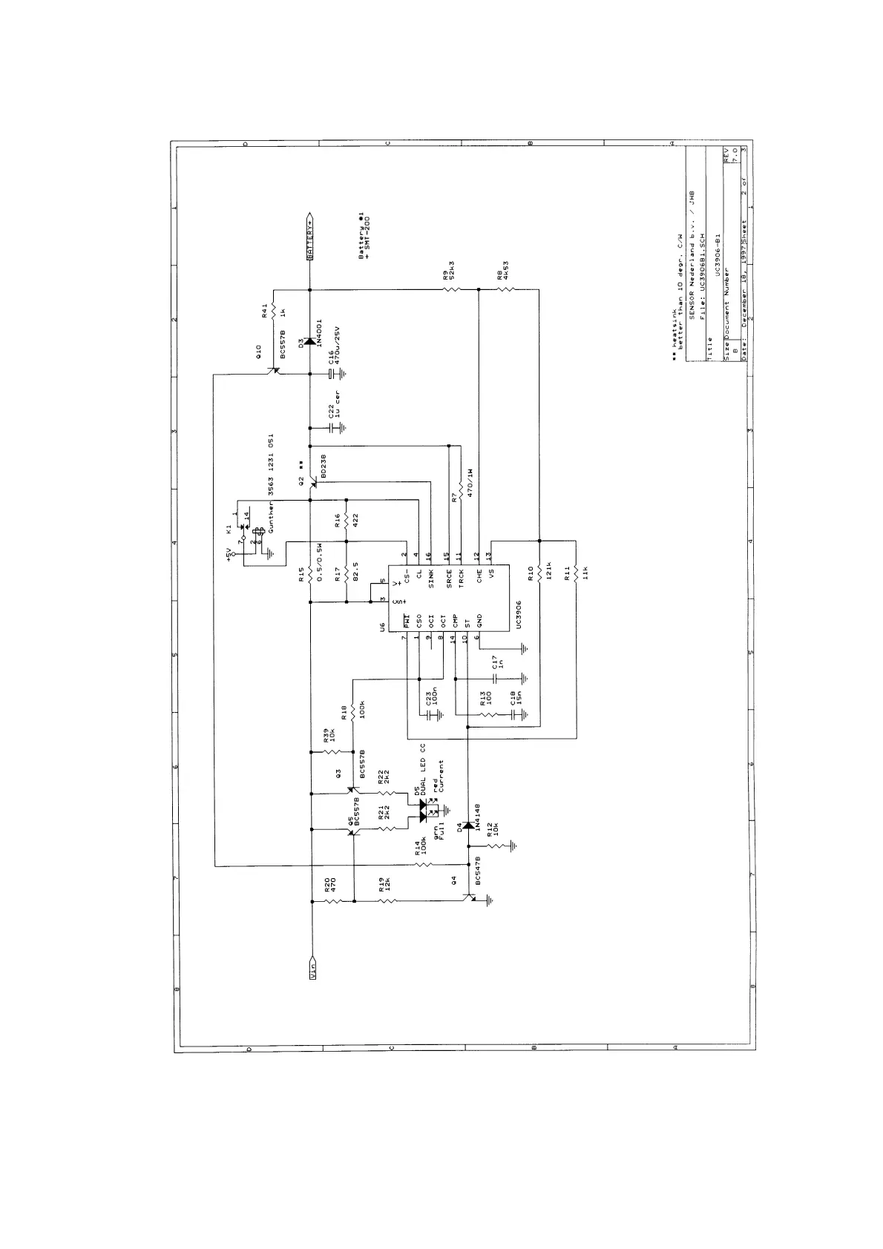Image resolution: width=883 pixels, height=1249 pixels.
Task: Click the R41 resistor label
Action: click(x=265, y=312)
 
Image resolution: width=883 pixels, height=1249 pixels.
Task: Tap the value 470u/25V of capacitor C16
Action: click(x=336, y=343)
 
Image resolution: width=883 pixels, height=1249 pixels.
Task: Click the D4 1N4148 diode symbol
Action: click(x=467, y=825)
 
